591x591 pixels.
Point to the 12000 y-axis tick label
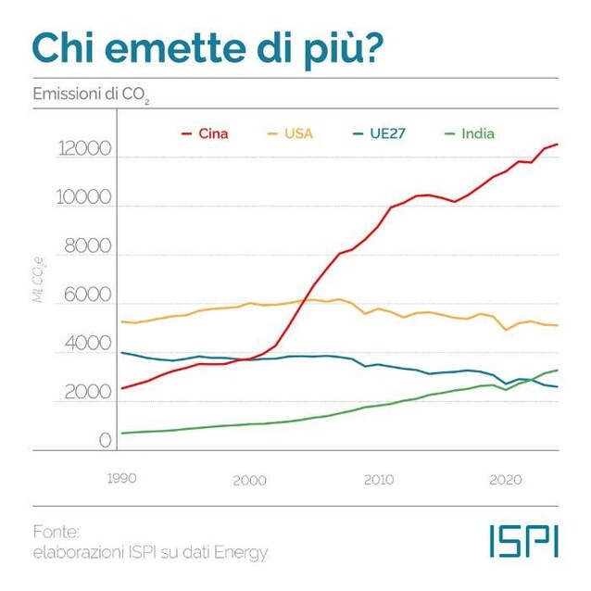(x=83, y=150)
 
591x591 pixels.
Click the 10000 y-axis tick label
(x=83, y=199)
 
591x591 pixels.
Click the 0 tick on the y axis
(x=106, y=440)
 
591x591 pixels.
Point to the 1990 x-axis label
(x=121, y=479)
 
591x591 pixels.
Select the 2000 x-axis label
(x=250, y=480)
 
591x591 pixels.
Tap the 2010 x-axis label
(x=379, y=480)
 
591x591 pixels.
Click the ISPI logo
(x=523, y=542)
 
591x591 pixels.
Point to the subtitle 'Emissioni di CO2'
(x=91, y=95)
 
